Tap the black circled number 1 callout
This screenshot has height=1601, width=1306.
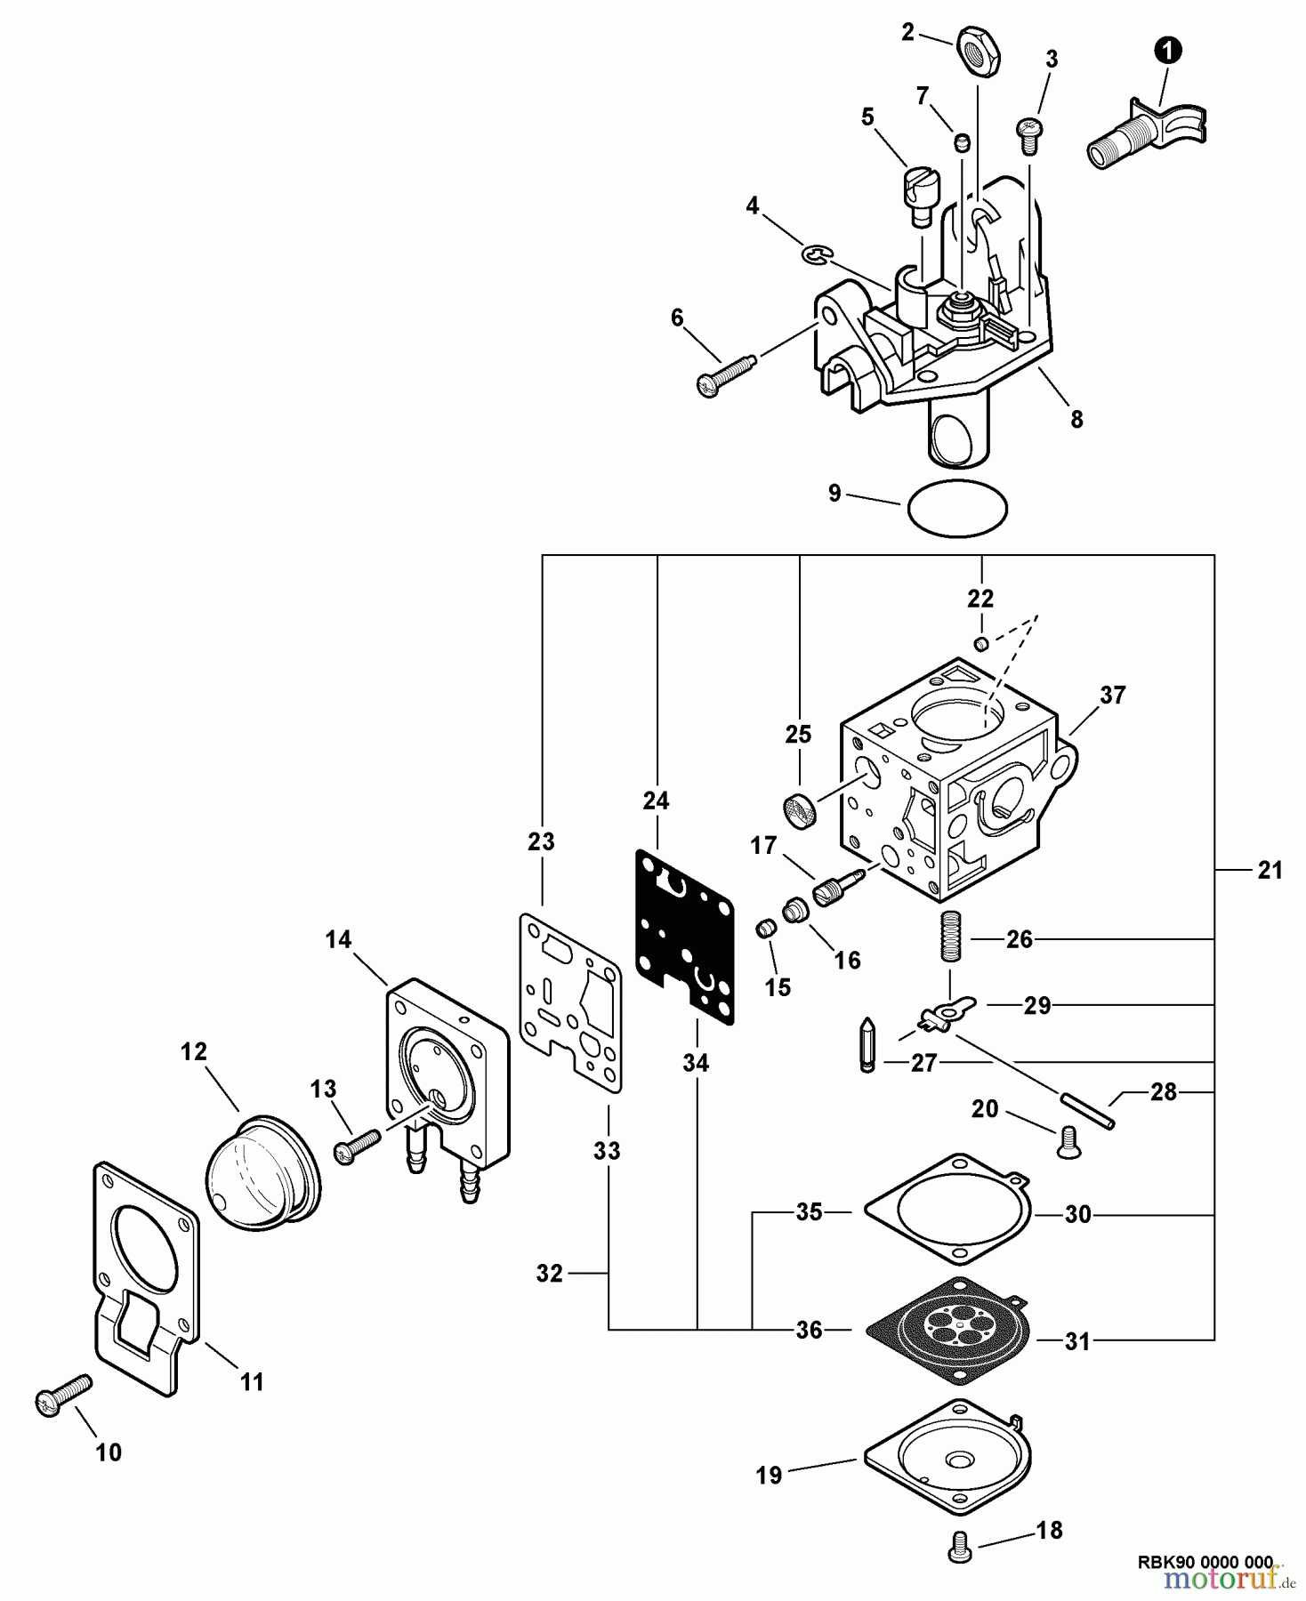pos(1168,52)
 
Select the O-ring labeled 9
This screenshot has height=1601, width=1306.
pos(957,508)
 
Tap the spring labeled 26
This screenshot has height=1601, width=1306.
pos(951,940)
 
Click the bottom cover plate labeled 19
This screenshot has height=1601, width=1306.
pos(948,1460)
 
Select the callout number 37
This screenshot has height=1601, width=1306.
pos(1113,696)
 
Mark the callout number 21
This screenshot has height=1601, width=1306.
pos(1270,871)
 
